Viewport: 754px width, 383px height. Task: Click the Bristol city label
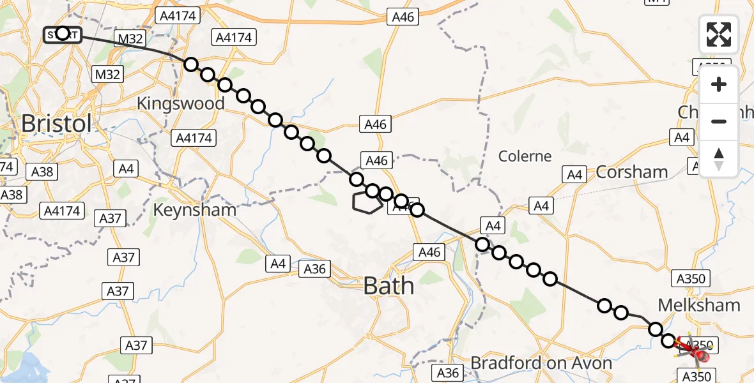(56, 123)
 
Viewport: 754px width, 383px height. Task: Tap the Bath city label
(389, 286)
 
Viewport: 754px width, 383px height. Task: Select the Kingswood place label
(181, 103)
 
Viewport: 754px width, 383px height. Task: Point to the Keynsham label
(195, 209)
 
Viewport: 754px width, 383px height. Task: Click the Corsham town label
(632, 172)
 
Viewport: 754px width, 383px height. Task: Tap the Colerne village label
(525, 156)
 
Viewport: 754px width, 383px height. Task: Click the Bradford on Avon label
(541, 363)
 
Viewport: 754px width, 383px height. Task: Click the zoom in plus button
(719, 84)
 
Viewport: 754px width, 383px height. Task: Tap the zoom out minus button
(719, 121)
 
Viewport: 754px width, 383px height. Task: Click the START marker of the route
(62, 33)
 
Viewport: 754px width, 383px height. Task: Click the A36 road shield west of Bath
(315, 269)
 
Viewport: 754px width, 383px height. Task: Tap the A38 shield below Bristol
(42, 171)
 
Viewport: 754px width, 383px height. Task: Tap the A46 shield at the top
(403, 17)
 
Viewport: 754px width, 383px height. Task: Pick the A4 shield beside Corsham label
(574, 174)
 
